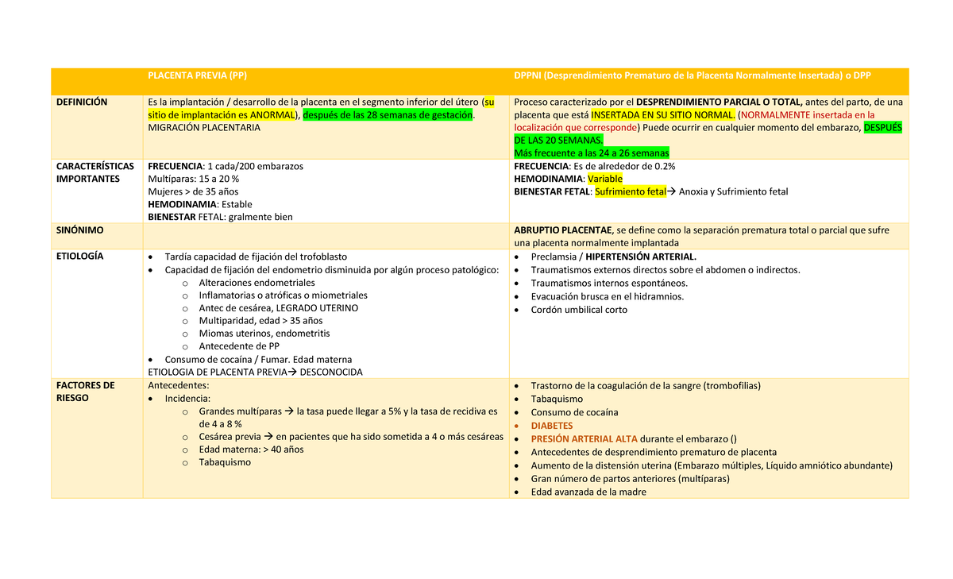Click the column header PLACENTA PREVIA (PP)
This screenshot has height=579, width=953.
coord(197,75)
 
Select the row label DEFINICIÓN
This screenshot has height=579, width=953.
coord(82,102)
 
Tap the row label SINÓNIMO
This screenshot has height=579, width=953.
coord(79,230)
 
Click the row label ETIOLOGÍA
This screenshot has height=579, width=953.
coord(80,257)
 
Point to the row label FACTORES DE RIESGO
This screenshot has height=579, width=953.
coord(85,392)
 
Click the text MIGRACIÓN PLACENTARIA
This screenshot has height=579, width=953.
coord(204,128)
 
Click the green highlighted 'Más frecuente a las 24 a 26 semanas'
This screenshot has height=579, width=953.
coord(592,152)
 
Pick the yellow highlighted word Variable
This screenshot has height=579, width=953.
coord(604,179)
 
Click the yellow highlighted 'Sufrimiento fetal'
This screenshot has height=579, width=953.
coord(630,192)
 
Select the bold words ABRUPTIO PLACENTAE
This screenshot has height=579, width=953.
coord(562,230)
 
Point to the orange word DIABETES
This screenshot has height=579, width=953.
coord(551,426)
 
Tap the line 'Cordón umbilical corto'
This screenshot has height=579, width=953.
coord(579,310)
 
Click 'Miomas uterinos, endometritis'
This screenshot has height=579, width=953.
coord(264,334)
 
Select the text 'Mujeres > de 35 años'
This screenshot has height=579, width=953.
coord(193,192)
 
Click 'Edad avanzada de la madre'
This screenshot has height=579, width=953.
coord(588,492)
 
